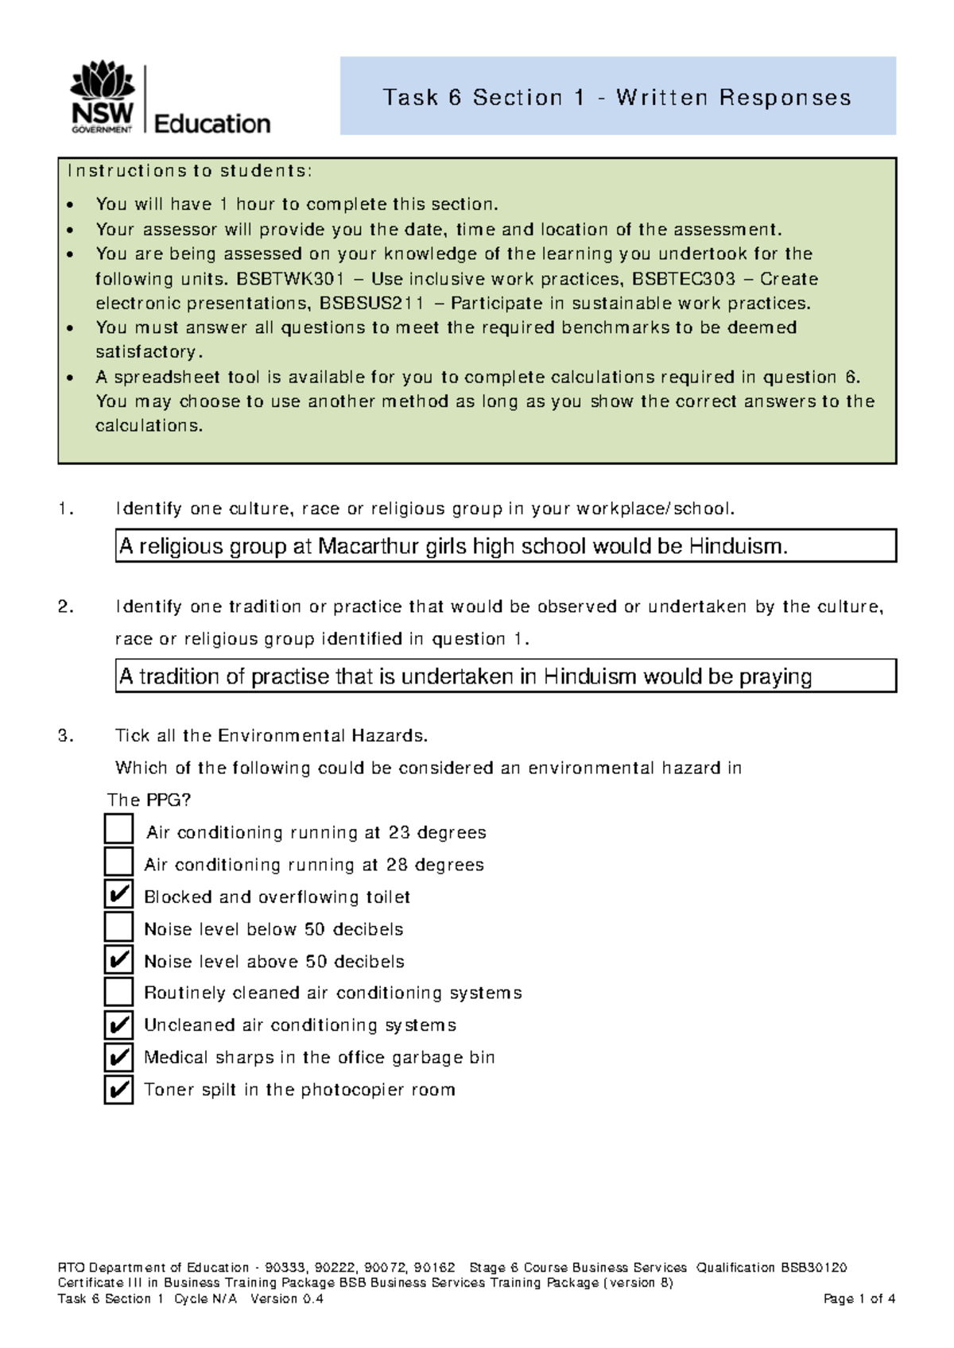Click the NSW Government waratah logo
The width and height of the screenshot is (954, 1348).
103,96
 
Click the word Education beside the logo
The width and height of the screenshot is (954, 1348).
211,124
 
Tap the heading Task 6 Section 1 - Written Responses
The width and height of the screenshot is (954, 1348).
617,97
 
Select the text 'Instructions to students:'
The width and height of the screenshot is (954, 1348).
190,171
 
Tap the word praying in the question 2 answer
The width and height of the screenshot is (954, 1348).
775,676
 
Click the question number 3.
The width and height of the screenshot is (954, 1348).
65,736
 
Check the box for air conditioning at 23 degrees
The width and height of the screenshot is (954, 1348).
119,829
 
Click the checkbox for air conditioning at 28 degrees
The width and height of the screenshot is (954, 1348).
119,862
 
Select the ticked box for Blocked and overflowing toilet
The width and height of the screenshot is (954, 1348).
119,894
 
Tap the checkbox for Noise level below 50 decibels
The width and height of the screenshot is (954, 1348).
119,927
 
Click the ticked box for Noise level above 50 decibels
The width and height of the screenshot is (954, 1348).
119,959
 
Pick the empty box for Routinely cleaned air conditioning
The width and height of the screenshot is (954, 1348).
119,991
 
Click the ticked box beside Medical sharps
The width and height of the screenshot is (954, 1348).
119,1057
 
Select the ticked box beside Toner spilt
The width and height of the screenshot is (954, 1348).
119,1090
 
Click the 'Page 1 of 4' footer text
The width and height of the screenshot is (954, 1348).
859,1299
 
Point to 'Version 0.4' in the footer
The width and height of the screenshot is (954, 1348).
286,1299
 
